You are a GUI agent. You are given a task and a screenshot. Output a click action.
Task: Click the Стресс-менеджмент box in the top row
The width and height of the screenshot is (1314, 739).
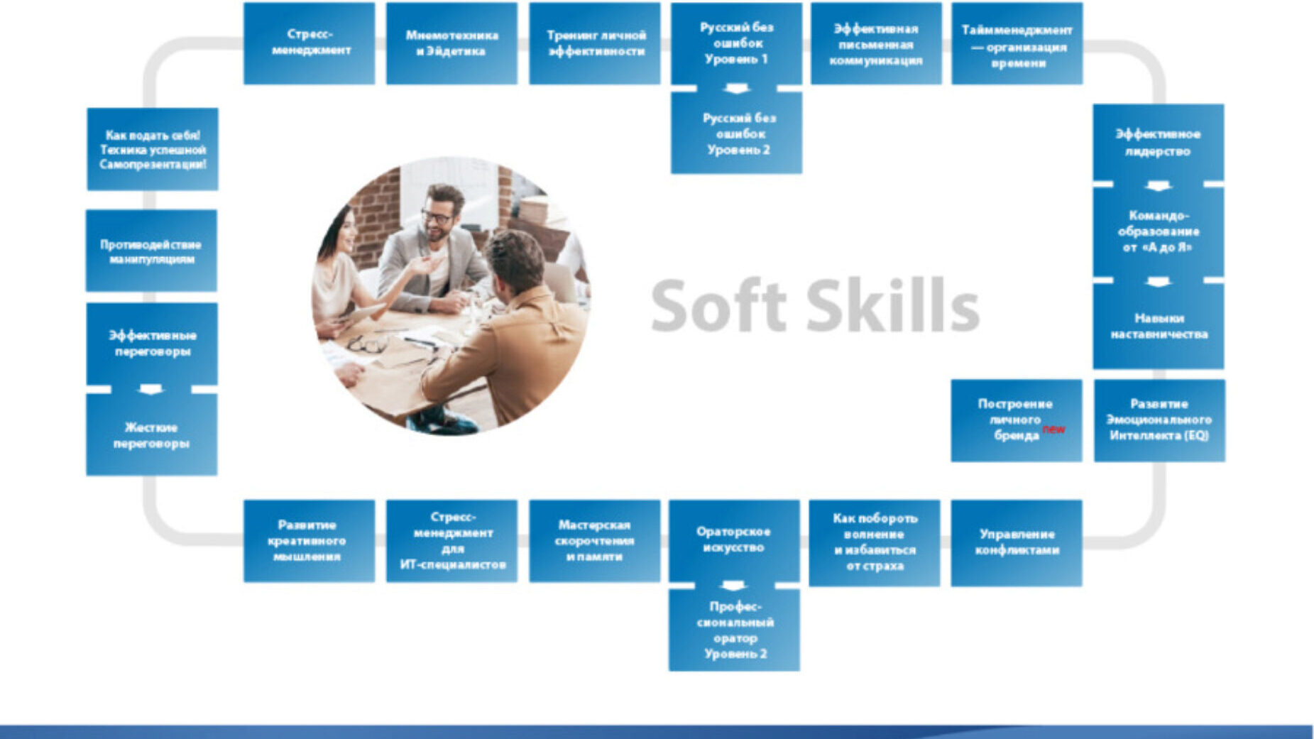coord(309,43)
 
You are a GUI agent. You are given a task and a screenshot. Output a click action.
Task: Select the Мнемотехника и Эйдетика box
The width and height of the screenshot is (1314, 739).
coord(451,43)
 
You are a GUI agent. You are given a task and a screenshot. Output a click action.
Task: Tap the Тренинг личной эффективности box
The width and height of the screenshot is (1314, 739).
coord(594,43)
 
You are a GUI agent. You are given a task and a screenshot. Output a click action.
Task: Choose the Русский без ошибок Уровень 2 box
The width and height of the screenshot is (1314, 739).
coord(736,133)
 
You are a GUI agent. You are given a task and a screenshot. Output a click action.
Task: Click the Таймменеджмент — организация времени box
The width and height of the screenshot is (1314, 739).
coord(1017,43)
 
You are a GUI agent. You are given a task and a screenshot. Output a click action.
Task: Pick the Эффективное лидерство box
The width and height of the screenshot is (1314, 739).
coord(1158,143)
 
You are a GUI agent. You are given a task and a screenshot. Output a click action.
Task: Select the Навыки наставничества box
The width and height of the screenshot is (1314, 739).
coord(1158,327)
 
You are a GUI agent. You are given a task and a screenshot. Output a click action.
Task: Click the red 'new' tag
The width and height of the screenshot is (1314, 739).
coord(1053,429)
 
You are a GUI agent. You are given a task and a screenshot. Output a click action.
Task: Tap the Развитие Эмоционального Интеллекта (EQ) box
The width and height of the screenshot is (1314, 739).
coord(1159,420)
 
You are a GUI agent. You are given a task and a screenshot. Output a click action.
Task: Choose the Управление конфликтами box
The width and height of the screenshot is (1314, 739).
coord(1017,543)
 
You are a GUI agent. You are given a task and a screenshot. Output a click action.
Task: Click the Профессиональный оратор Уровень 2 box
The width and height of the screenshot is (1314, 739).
coord(734,630)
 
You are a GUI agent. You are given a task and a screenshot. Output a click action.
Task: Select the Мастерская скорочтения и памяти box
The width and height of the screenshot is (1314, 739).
coord(594,541)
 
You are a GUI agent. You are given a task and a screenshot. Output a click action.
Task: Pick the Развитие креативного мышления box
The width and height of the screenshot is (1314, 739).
coord(309,541)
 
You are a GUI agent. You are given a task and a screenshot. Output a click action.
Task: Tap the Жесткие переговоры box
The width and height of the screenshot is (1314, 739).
coord(151,434)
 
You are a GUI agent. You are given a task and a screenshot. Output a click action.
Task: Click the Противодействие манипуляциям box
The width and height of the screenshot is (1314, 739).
coord(151,251)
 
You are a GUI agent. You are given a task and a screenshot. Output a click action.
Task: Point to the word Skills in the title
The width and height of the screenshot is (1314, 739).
coord(892,305)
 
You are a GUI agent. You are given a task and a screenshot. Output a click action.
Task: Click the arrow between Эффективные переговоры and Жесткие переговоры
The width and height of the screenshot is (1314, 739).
coord(150,389)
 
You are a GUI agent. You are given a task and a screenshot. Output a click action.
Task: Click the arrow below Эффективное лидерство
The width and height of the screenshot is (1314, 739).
coord(1159,185)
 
